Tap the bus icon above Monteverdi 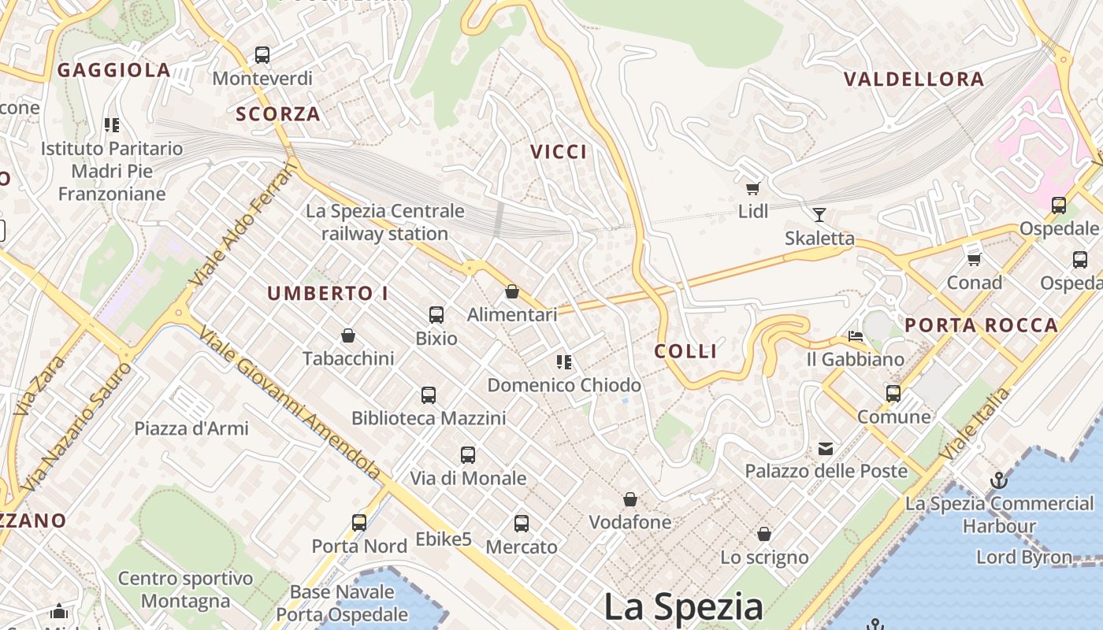click(262, 55)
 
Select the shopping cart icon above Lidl click(752, 188)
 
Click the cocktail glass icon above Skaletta click(819, 214)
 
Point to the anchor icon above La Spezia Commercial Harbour click(999, 480)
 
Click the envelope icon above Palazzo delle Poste click(826, 449)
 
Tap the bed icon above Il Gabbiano click(856, 336)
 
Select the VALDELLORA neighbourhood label click(914, 80)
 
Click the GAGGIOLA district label click(114, 70)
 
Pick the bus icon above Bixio click(436, 315)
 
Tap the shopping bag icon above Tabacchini click(348, 335)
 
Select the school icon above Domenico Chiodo click(564, 362)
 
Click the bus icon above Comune click(893, 393)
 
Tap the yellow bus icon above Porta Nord click(359, 522)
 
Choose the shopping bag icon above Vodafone click(630, 499)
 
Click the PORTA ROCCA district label click(981, 325)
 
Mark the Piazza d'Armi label click(191, 429)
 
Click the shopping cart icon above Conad click(975, 259)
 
